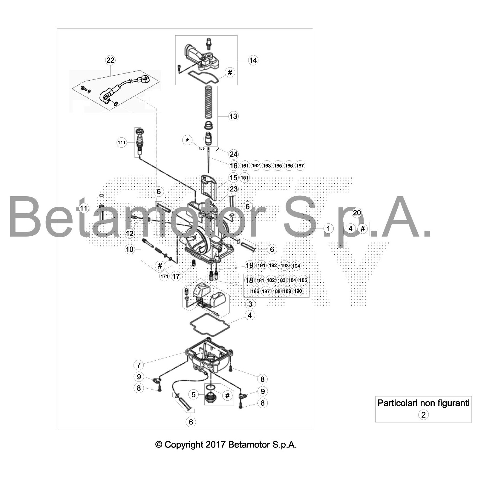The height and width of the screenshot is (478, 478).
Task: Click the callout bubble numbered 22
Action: click(110, 60)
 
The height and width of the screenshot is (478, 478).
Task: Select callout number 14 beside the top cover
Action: click(253, 60)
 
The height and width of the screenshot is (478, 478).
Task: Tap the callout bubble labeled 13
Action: click(233, 116)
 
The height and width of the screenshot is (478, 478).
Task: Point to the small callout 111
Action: click(122, 143)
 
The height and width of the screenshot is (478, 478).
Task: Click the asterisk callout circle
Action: click(187, 140)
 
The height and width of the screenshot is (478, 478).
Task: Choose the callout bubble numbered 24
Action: click(233, 154)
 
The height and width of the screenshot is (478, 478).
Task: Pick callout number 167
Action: click(300, 166)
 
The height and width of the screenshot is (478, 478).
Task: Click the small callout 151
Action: click(244, 178)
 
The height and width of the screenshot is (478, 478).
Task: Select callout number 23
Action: click(233, 189)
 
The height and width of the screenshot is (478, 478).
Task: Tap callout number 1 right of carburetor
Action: click(328, 229)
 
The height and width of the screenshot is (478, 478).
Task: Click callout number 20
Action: click(357, 213)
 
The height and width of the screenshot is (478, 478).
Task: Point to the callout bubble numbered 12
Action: click(130, 233)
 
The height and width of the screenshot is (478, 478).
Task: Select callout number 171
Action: click(164, 276)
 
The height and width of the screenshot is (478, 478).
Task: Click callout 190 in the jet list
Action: click(298, 291)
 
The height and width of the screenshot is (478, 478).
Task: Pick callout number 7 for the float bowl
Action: click(139, 365)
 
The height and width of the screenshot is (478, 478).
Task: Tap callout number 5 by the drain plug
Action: click(194, 395)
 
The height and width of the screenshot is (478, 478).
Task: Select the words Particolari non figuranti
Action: click(424, 403)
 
